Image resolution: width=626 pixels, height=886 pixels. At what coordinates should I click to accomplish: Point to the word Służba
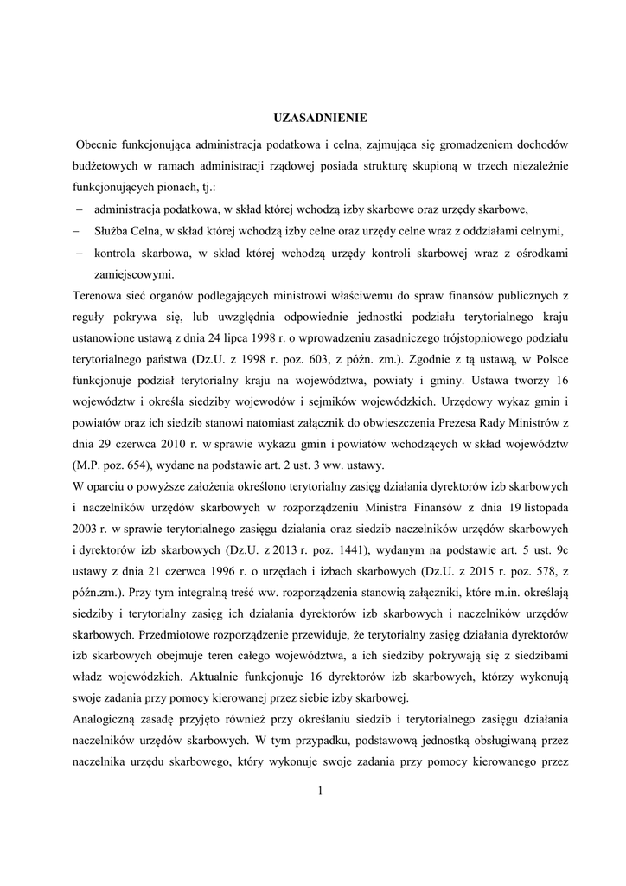[x=112, y=231]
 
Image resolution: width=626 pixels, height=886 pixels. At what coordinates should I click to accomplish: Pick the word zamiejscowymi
[x=133, y=275]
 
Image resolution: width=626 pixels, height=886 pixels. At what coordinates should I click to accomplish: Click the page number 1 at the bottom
[x=319, y=792]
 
